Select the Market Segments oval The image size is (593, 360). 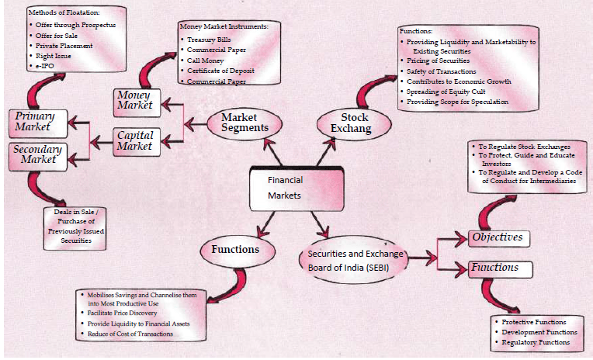(239, 123)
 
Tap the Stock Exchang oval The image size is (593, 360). (349, 123)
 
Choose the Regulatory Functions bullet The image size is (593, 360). (537, 341)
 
